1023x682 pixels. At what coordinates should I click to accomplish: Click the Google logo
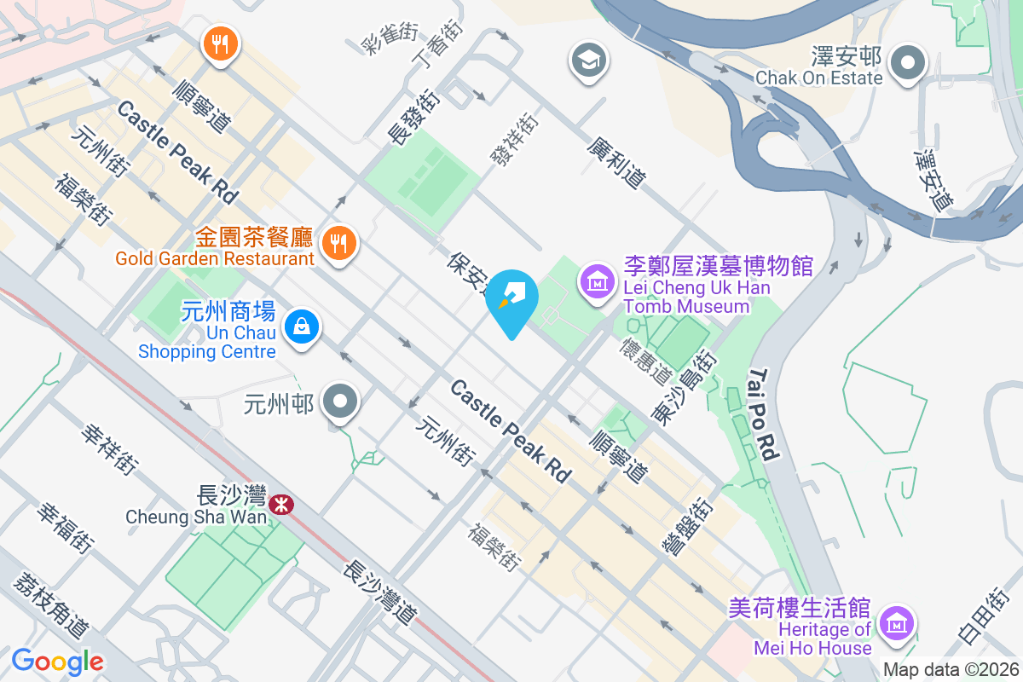click(x=58, y=661)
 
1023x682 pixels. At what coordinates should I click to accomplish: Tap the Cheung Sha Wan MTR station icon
click(x=280, y=505)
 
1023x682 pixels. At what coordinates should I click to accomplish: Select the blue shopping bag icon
click(x=301, y=326)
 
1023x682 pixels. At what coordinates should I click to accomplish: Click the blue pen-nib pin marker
click(x=511, y=299)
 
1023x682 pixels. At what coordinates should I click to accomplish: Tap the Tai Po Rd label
click(x=764, y=415)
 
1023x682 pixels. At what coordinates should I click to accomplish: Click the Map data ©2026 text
click(x=951, y=670)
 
